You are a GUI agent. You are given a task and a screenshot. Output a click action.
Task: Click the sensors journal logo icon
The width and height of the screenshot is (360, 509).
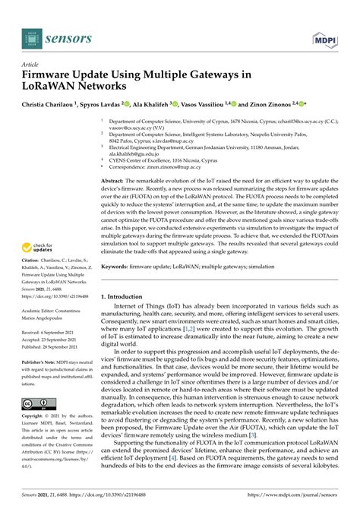(x=32, y=36)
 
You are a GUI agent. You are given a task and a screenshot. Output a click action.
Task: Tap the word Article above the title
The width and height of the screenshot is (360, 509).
(x=31, y=65)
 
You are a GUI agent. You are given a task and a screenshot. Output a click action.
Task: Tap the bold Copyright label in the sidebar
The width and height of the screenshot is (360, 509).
(x=35, y=416)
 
